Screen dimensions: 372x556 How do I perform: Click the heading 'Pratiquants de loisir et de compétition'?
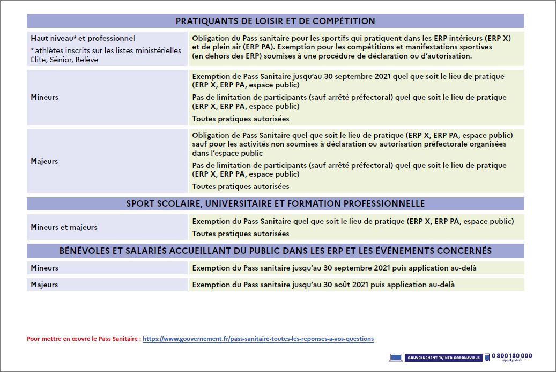(275, 21)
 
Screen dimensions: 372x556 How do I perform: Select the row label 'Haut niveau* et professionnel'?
(83, 38)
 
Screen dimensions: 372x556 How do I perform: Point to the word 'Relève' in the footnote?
(87, 60)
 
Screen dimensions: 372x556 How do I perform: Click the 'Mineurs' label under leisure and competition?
(45, 97)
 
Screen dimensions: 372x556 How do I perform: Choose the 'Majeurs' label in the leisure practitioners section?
(45, 161)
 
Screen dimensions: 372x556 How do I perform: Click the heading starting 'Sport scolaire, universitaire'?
(275, 203)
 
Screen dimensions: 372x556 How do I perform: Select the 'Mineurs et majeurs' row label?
(64, 227)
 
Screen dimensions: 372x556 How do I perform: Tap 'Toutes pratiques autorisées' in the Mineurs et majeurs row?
(240, 234)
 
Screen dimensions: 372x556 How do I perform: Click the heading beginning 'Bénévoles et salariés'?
(275, 251)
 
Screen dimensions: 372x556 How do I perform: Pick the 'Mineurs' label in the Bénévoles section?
(45, 268)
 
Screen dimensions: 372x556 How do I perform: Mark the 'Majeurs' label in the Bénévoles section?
(45, 285)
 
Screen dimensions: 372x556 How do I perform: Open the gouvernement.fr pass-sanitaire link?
(258, 339)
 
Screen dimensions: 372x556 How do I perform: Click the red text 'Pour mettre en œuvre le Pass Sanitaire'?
(84, 339)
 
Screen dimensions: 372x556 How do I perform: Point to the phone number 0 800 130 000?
(511, 355)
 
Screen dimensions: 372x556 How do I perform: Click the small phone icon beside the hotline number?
(487, 357)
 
